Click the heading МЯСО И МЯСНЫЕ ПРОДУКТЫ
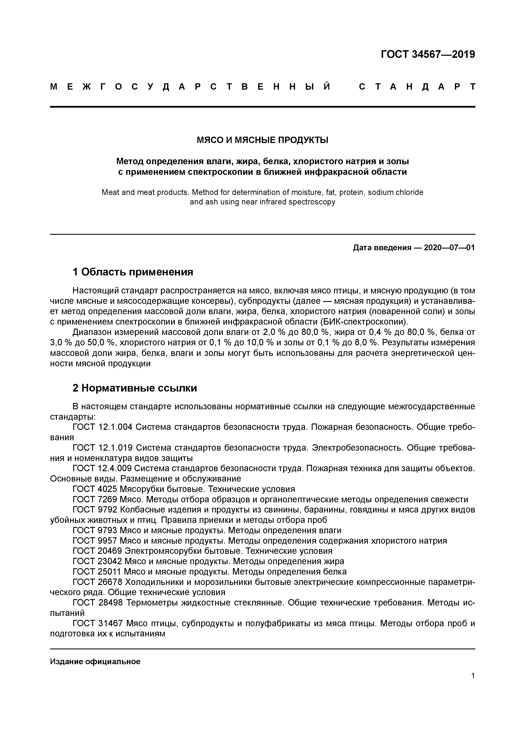tap(262, 140)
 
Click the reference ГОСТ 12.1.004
tap(103, 427)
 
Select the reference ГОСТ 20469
tap(97, 551)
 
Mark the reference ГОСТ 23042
tap(97, 561)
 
